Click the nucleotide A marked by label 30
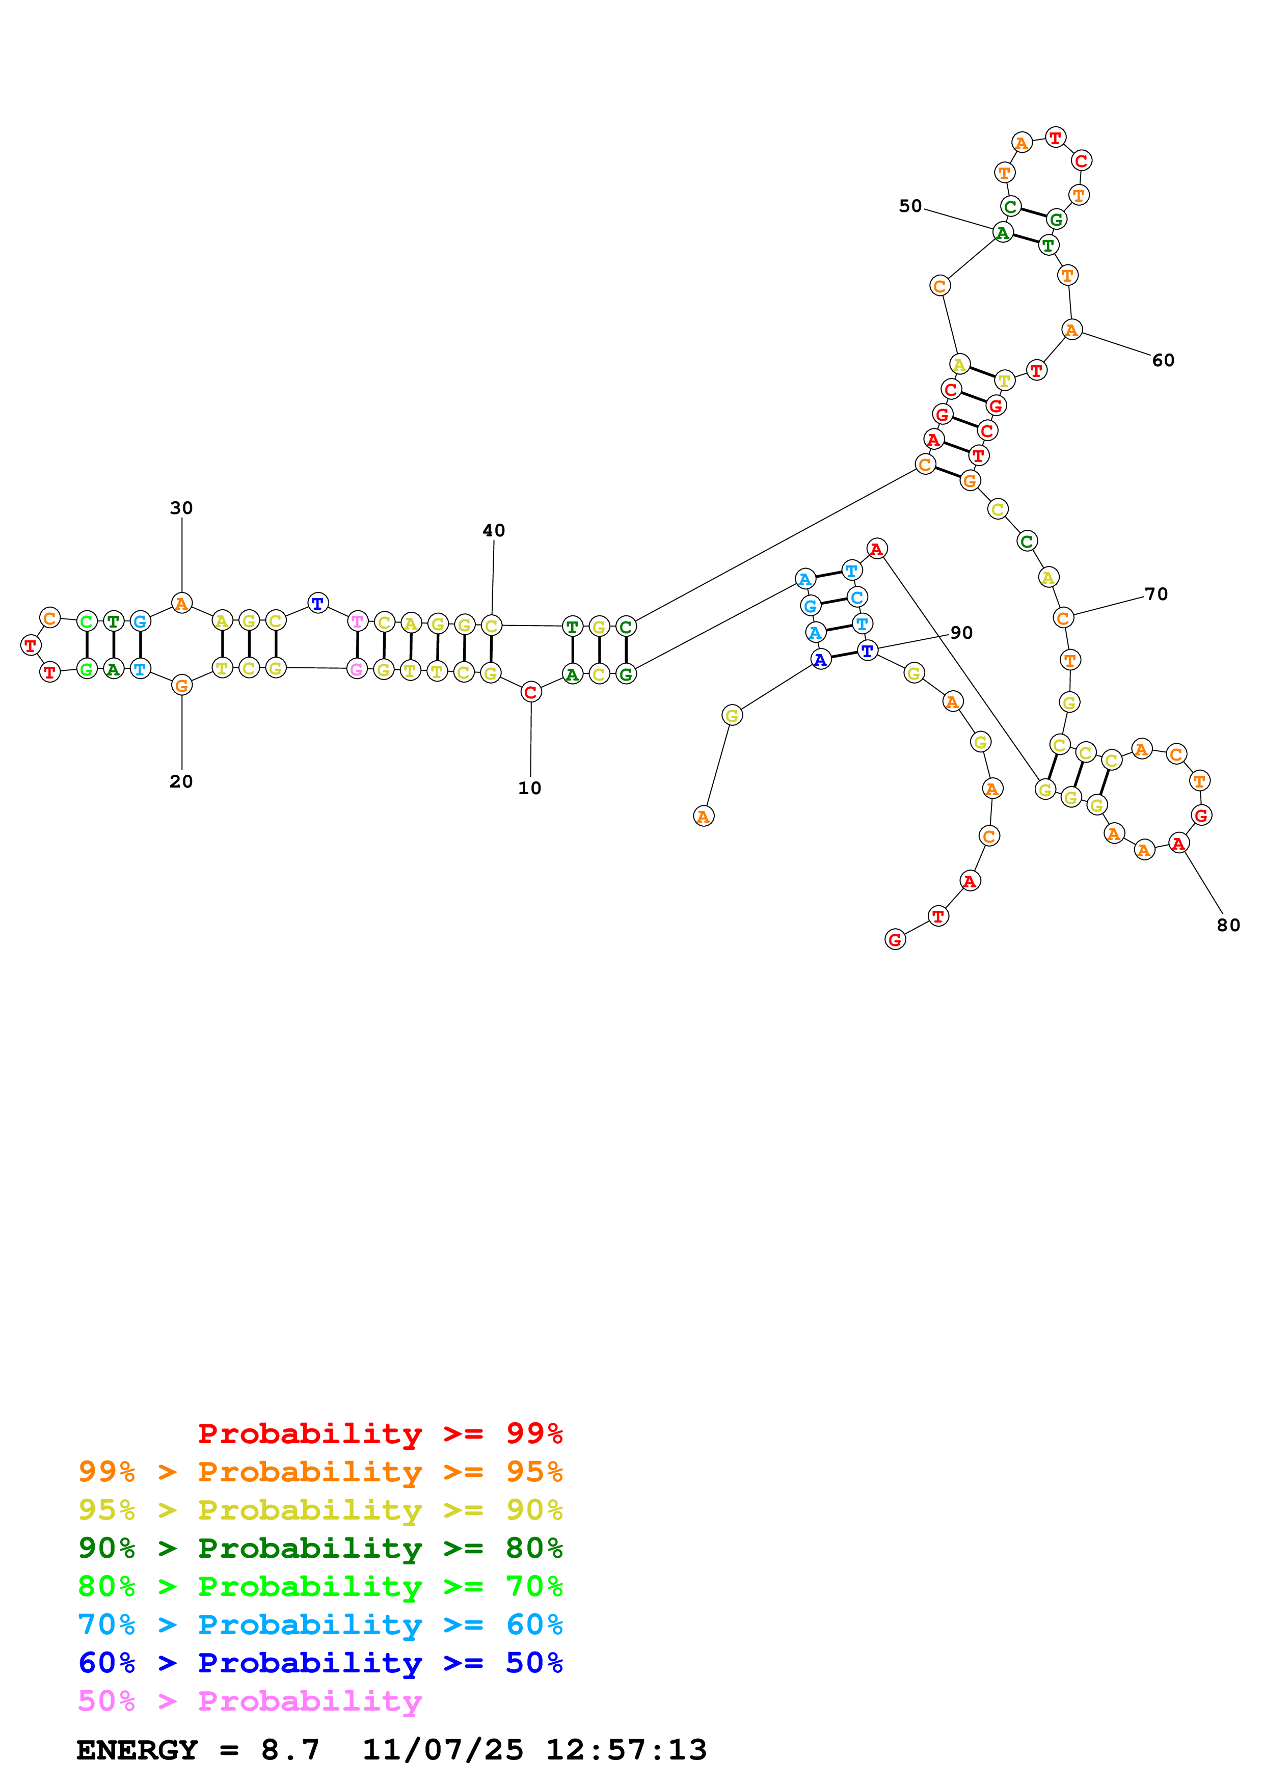181,603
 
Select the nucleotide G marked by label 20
181,685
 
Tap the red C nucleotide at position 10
531,691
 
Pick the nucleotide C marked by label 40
491,625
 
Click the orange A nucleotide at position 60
1071,330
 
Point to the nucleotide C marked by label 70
1063,618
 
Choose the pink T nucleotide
357,621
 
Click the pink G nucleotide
357,668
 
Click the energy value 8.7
289,1750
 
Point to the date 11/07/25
442,1750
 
